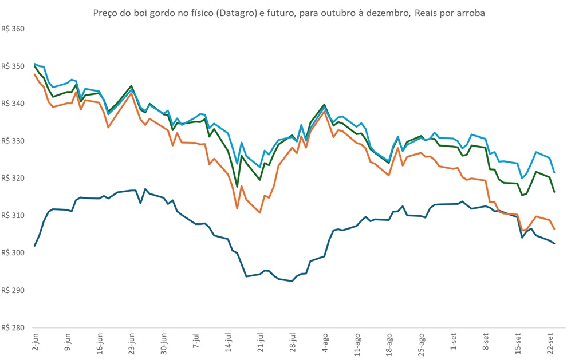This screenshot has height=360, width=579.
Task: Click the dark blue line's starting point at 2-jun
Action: click(x=35, y=246)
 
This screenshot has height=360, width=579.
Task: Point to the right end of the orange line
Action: click(x=554, y=229)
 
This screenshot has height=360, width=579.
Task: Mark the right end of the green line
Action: click(x=554, y=192)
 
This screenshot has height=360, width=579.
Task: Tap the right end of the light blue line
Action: click(x=554, y=172)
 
